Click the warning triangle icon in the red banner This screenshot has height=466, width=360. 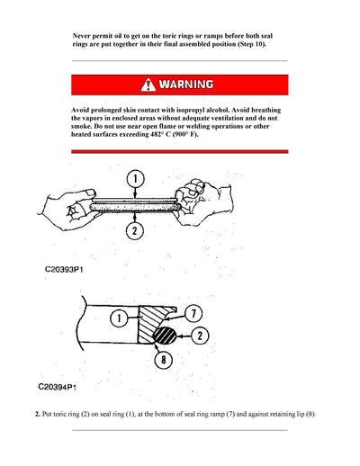coord(148,85)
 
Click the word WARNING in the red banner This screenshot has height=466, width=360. coord(186,85)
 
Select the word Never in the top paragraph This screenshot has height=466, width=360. coord(85,33)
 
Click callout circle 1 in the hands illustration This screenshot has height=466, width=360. coord(133,179)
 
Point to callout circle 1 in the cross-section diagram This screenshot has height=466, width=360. coord(118,317)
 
